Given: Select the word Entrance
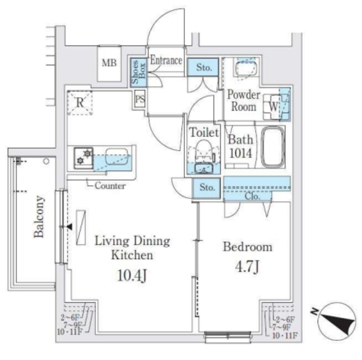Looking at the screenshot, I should point(166,60).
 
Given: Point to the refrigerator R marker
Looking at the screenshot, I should point(80,103).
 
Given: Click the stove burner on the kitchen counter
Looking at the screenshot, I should point(85,156).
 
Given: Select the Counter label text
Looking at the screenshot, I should point(110,185).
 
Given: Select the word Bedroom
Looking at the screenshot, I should point(247,247).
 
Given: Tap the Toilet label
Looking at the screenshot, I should point(204,133).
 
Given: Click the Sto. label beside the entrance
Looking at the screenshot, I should point(204,68).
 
